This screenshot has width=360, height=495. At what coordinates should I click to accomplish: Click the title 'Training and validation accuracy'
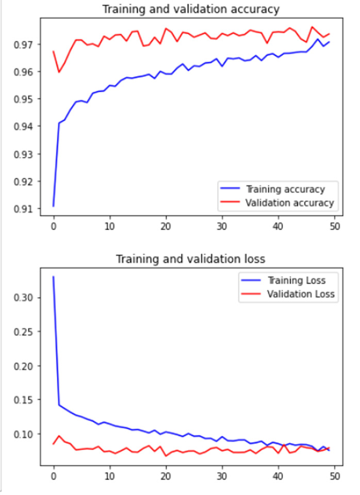tap(191, 9)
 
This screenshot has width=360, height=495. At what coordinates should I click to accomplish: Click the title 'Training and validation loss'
tap(191, 259)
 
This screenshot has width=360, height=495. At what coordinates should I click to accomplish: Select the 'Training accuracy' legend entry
tap(285, 189)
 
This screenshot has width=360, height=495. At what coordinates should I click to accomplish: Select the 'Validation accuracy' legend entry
tap(289, 202)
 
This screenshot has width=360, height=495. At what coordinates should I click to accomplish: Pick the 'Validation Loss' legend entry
tap(301, 294)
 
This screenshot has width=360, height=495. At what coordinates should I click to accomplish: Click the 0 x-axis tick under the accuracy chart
tap(53, 226)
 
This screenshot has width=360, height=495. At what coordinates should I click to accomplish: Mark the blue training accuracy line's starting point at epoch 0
tap(53, 206)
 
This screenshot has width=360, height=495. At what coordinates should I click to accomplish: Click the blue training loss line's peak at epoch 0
tap(53, 277)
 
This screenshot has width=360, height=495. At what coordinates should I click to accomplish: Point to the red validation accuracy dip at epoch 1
tap(59, 72)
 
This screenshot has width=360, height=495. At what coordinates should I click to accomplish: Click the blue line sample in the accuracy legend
tap(230, 189)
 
